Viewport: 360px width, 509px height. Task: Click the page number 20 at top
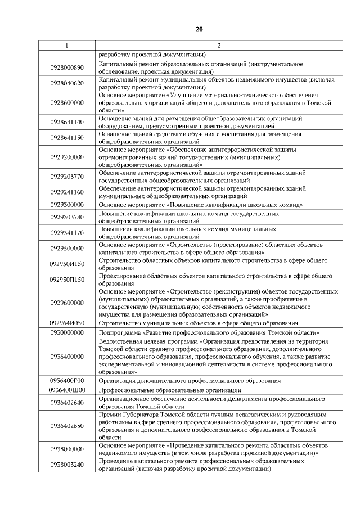point(199,29)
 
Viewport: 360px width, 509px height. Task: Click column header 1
point(67,45)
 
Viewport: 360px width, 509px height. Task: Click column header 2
point(219,45)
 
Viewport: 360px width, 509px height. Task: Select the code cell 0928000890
point(67,68)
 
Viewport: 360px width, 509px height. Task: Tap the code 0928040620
point(67,84)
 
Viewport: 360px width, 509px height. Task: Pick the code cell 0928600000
point(67,103)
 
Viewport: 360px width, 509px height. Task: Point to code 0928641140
point(67,122)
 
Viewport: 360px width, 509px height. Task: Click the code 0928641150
point(67,138)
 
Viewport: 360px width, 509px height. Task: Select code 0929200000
point(67,157)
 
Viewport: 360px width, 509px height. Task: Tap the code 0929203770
point(67,176)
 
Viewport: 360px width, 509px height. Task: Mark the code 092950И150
point(67,264)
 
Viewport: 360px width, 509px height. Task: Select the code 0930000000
point(67,332)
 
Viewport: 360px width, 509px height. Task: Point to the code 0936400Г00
point(67,380)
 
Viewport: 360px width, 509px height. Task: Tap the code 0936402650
point(67,425)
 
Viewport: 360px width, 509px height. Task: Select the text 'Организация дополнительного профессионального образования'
point(190,380)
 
